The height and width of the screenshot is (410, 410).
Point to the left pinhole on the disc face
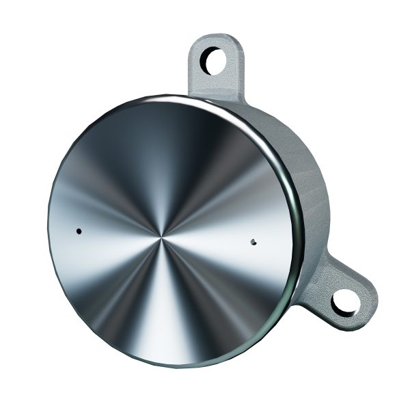pyautogui.click(x=80, y=231)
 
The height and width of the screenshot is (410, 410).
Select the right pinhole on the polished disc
pyautogui.click(x=254, y=241)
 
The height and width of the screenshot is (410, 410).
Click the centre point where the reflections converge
pyautogui.click(x=162, y=237)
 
